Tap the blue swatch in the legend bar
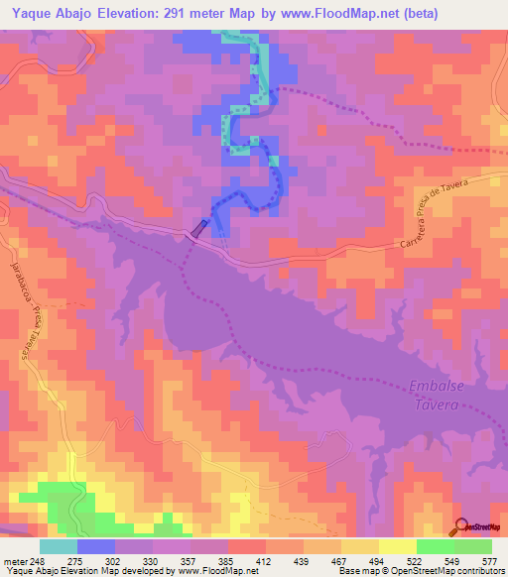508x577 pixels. (x=95, y=545)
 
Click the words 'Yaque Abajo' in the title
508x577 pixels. (x=50, y=15)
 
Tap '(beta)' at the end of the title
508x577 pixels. (x=415, y=15)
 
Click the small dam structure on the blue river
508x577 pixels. (x=199, y=229)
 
